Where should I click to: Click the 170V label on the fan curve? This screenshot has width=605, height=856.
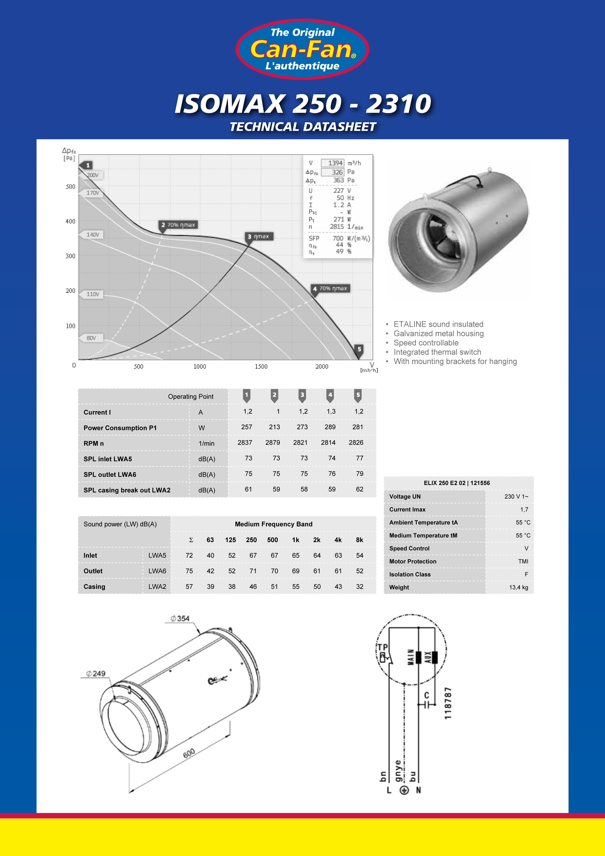[x=93, y=193]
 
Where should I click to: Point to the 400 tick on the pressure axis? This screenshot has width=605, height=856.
[x=71, y=221]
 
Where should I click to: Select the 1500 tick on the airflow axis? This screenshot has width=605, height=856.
[x=261, y=366]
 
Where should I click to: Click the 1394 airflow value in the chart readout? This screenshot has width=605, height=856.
[x=335, y=163]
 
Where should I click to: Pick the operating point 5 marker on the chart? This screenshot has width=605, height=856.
[x=359, y=349]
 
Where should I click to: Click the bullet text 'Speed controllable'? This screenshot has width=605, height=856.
[x=426, y=343]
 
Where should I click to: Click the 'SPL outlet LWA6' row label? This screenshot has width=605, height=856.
[x=110, y=474]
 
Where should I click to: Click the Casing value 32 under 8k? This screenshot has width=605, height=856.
[x=360, y=587]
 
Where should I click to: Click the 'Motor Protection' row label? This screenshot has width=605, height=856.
[x=413, y=561]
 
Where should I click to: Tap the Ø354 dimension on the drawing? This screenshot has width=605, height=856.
[x=180, y=619]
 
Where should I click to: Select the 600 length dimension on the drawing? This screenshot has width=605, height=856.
[x=189, y=753]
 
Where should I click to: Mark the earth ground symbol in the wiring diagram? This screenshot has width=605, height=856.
[x=404, y=790]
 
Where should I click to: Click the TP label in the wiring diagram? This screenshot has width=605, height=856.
[x=383, y=647]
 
